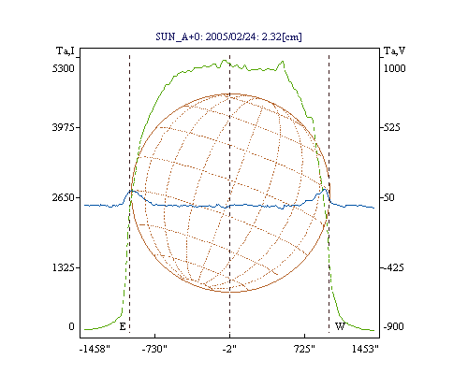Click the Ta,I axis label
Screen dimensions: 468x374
(66, 50)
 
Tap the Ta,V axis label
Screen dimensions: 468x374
(394, 50)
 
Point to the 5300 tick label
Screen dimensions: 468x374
(64, 68)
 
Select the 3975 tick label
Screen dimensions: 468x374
(64, 127)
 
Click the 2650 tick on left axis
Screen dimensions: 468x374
(64, 197)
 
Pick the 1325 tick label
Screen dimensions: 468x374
(64, 267)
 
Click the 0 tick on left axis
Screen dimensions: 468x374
(71, 326)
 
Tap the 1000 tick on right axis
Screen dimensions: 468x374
(394, 68)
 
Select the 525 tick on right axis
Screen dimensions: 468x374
(391, 127)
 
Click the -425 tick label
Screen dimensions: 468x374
(394, 267)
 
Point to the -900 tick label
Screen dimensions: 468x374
(394, 326)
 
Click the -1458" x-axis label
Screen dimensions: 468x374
(95, 349)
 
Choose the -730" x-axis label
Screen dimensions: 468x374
(154, 349)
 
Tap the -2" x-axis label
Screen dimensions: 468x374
(229, 349)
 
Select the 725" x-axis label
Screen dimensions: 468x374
(304, 349)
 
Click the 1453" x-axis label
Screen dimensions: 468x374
(365, 349)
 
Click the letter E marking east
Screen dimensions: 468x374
(123, 326)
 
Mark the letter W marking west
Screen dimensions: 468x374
(340, 326)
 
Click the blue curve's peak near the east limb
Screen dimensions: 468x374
(132, 191)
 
